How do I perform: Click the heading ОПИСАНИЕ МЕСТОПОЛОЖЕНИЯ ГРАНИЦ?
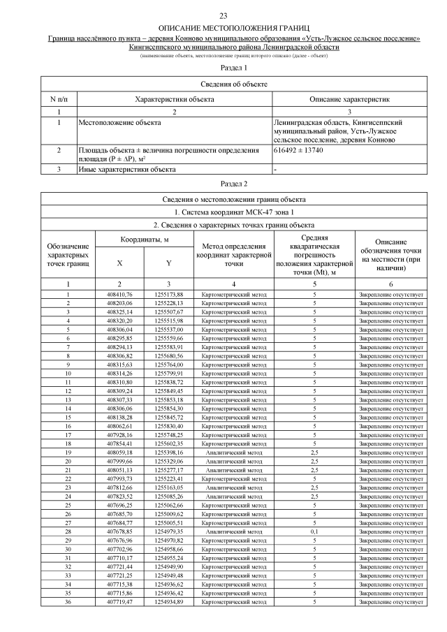click(223, 27)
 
